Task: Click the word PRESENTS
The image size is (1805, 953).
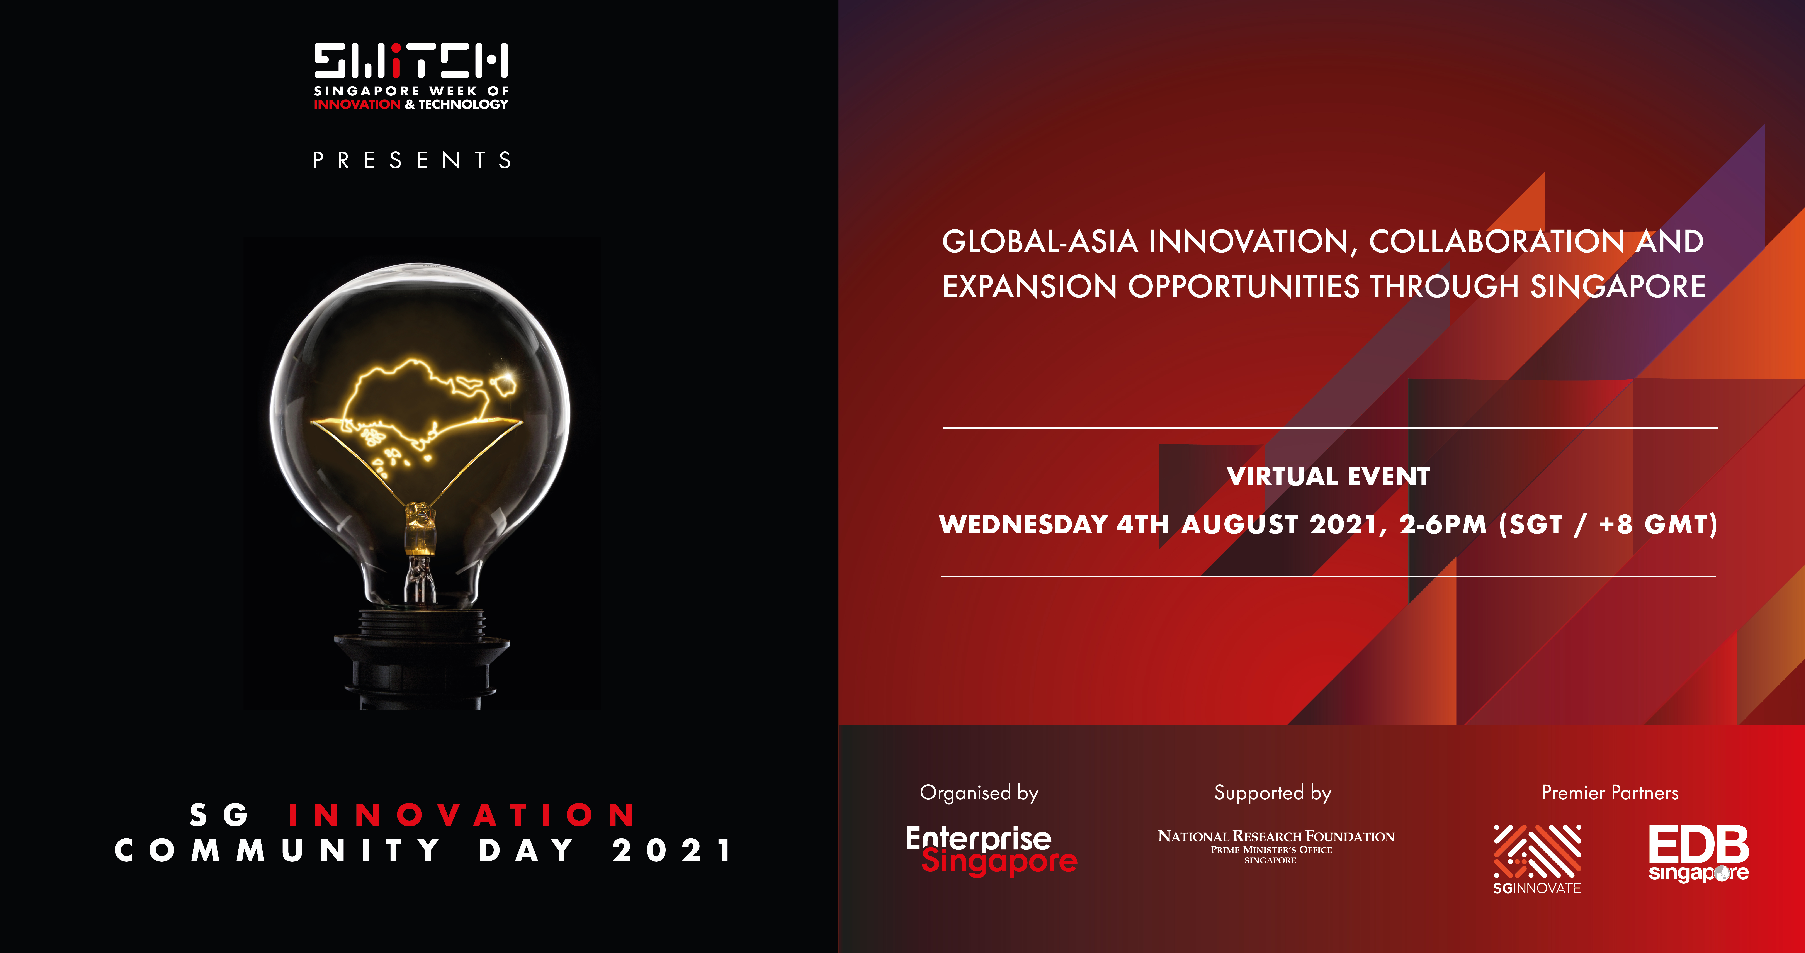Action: pyautogui.click(x=412, y=160)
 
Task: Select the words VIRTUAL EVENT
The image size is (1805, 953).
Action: pyautogui.click(x=1329, y=476)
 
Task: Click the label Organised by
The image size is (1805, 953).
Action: pyautogui.click(x=979, y=793)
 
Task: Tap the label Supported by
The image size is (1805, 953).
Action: pyautogui.click(x=1273, y=793)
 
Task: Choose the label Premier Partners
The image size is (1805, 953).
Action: pyautogui.click(x=1610, y=793)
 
